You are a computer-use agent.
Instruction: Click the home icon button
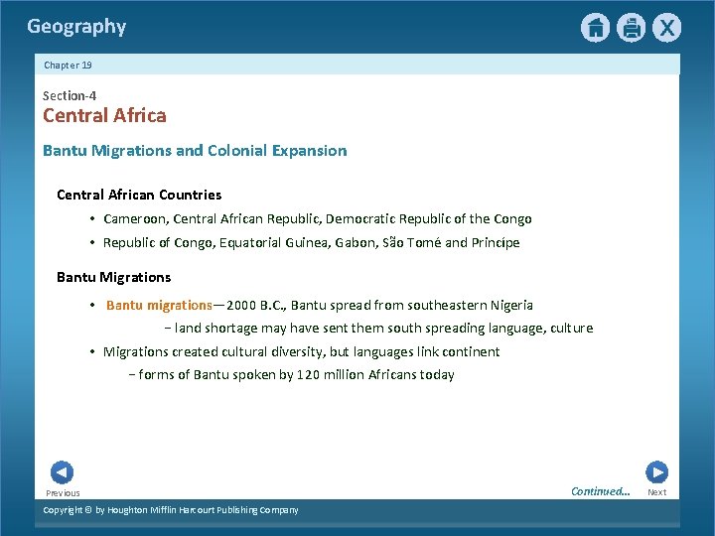pyautogui.click(x=595, y=28)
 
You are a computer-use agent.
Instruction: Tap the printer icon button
pyautogui.click(x=631, y=28)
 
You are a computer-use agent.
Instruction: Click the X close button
pyautogui.click(x=666, y=28)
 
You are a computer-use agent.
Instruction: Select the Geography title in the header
pyautogui.click(x=76, y=27)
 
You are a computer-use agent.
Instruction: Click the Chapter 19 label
pyautogui.click(x=68, y=66)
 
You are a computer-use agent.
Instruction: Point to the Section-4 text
pyautogui.click(x=70, y=96)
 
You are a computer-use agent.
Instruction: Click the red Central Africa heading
pyautogui.click(x=104, y=116)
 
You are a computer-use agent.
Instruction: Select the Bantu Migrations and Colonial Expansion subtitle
pyautogui.click(x=195, y=151)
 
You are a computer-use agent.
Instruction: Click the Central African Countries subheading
pyautogui.click(x=139, y=195)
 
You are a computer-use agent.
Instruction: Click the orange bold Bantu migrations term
pyautogui.click(x=159, y=306)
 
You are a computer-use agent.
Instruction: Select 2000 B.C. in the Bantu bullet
pyautogui.click(x=254, y=306)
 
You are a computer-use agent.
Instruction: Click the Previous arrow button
pyautogui.click(x=62, y=472)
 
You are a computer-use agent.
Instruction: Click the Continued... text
pyautogui.click(x=600, y=491)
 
